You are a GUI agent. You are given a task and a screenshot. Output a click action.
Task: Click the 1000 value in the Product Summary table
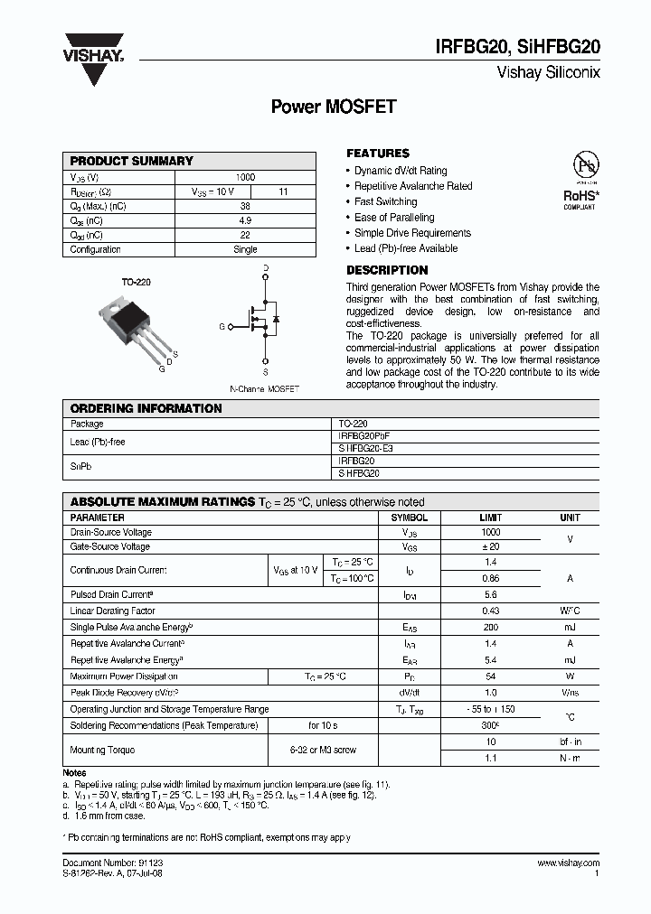(x=245, y=178)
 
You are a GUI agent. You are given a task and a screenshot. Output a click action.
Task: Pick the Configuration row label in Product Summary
(x=96, y=249)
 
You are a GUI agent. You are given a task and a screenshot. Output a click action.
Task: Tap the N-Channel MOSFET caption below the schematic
(x=264, y=388)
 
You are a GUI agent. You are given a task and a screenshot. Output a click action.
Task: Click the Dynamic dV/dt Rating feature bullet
(x=400, y=171)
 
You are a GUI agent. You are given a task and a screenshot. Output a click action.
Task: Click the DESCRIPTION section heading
(x=387, y=270)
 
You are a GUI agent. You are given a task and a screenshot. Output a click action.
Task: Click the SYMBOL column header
(x=409, y=518)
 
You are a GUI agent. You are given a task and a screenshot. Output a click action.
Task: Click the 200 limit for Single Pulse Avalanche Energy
(x=491, y=627)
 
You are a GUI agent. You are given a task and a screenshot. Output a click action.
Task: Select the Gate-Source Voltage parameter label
(x=110, y=546)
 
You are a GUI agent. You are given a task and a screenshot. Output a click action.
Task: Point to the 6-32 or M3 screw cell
(x=322, y=750)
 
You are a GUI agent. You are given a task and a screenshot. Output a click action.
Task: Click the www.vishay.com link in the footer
(x=567, y=864)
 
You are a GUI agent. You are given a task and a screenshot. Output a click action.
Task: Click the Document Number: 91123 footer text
(x=113, y=864)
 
